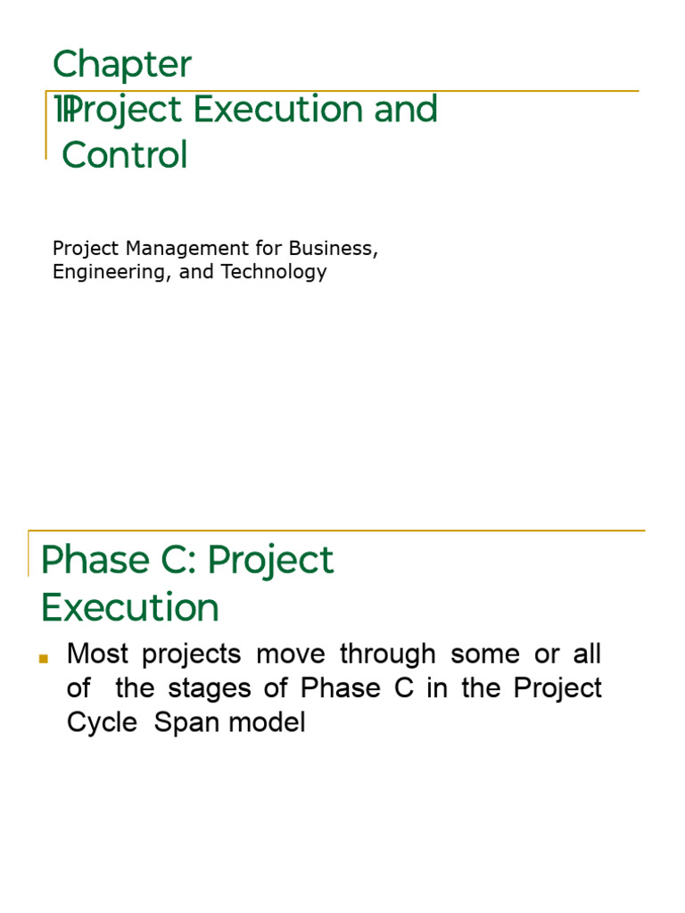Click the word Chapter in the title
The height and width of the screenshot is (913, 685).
point(122,65)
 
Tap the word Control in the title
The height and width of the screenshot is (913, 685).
point(125,155)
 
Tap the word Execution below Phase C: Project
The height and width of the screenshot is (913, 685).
point(130,608)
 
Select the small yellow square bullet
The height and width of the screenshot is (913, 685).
point(43,658)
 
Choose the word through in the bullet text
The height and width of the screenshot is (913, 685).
point(388,654)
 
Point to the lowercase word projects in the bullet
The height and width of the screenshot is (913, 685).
point(192,654)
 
